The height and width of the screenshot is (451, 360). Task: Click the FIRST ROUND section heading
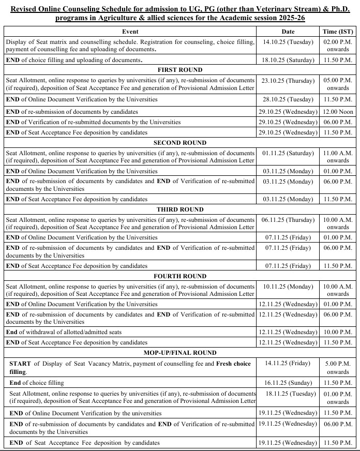point(179,70)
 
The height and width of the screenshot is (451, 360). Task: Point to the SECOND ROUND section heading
point(179,142)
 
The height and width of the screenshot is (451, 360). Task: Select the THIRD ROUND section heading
point(179,209)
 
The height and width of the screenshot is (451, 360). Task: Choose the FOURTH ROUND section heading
point(179,276)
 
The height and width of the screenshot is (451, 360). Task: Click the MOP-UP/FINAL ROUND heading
point(179,353)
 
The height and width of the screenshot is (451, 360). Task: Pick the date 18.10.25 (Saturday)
point(288,60)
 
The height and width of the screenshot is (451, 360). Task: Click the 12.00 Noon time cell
point(338,112)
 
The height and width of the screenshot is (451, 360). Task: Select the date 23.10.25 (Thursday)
point(288,80)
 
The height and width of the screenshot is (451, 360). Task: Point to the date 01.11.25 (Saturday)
point(288,153)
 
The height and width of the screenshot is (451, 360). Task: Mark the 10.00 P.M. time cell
point(338,332)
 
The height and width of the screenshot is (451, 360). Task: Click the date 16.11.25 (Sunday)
point(288,383)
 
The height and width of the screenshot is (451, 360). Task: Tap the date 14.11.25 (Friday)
point(288,364)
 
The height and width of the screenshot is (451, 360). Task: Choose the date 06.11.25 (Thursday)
point(288,219)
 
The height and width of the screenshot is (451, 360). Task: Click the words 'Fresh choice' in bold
point(233,364)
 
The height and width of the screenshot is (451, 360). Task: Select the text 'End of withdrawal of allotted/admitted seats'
point(64,332)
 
